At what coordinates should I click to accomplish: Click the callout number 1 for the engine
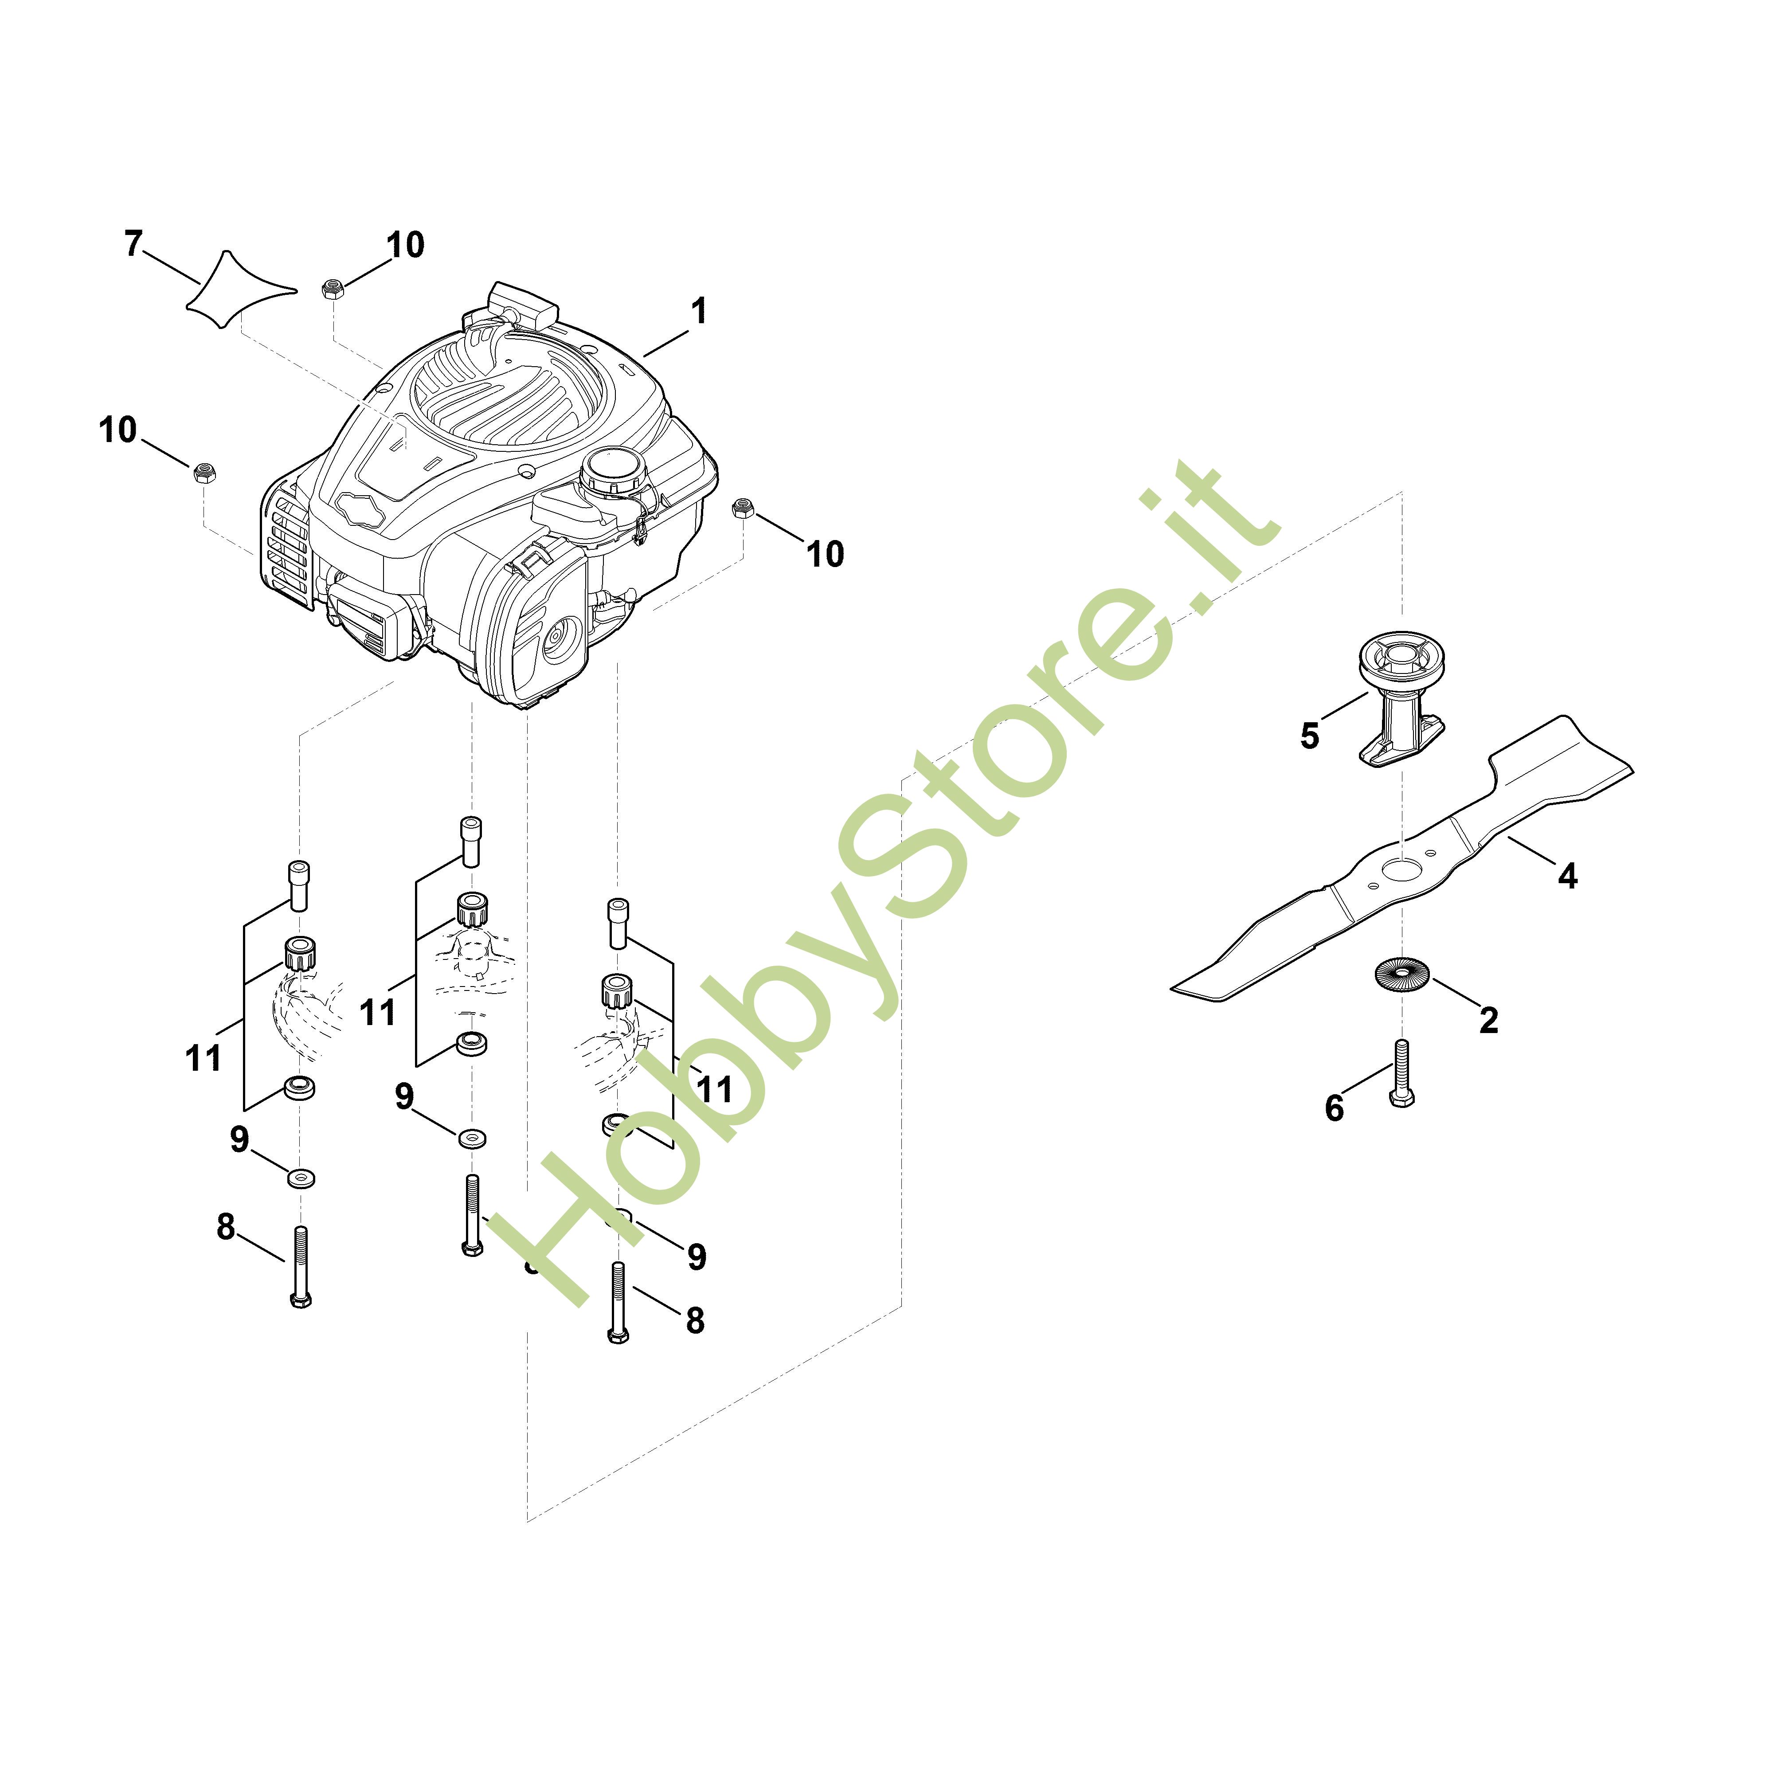tap(699, 311)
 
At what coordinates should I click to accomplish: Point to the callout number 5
tap(1309, 736)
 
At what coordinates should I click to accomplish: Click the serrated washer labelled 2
tap(1401, 976)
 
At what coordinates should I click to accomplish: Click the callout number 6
tap(1334, 1108)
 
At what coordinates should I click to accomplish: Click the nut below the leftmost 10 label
tap(204, 473)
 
